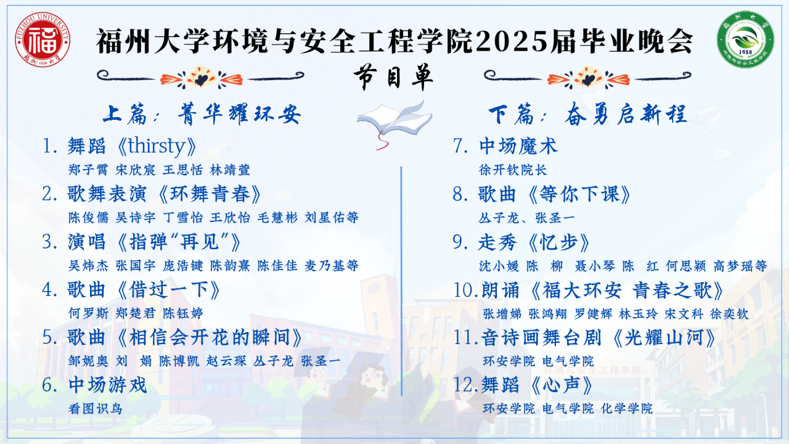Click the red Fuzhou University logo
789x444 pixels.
[x=43, y=39]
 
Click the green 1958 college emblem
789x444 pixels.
[x=745, y=39]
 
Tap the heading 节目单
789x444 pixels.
[x=393, y=77]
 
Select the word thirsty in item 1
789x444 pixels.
[x=156, y=146]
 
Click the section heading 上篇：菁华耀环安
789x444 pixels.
[x=202, y=115]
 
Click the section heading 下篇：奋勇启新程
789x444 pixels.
[x=587, y=115]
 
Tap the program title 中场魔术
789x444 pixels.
[x=518, y=146]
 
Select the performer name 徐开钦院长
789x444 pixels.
[x=512, y=170]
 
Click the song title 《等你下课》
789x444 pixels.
[x=580, y=194]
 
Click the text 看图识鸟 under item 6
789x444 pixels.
[x=95, y=409]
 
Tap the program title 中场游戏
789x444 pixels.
[x=107, y=385]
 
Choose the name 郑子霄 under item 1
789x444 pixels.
[x=88, y=170]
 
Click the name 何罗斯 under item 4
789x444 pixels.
[x=88, y=313]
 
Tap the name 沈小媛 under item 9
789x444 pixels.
[x=499, y=266]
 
